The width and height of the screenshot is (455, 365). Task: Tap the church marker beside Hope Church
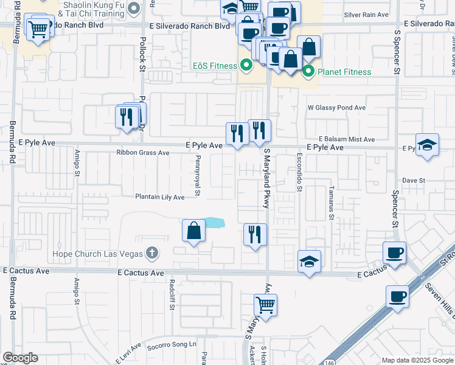(x=152, y=253)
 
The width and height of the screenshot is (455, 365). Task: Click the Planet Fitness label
(x=344, y=72)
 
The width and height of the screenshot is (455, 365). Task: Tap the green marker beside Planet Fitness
(x=308, y=72)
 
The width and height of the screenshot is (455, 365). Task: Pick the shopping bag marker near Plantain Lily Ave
(x=193, y=231)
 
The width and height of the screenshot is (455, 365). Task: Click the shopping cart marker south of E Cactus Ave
(x=265, y=305)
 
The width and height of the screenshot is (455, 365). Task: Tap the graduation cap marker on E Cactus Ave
(x=310, y=262)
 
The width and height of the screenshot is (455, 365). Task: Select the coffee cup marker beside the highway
(x=397, y=297)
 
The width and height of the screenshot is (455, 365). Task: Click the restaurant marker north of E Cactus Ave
(x=255, y=234)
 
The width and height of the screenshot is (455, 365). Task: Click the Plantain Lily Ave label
(x=159, y=197)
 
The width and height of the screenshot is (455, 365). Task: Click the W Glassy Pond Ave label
(x=336, y=108)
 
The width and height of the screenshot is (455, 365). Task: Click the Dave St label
(x=412, y=181)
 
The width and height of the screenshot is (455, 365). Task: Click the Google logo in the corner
(x=20, y=358)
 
